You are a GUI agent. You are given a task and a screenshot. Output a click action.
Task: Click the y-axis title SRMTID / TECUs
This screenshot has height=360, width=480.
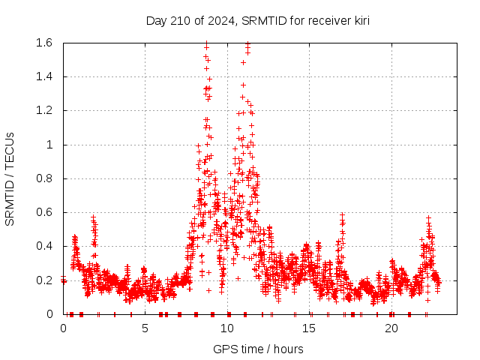pos(10,178)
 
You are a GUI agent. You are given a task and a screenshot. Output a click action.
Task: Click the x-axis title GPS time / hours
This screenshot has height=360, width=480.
pos(258,349)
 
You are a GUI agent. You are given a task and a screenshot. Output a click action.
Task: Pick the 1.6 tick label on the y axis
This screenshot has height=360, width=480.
pos(42,43)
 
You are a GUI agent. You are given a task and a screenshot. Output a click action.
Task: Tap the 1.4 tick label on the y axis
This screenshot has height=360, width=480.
pos(42,76)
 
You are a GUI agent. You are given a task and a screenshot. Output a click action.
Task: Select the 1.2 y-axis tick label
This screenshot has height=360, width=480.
pos(42,110)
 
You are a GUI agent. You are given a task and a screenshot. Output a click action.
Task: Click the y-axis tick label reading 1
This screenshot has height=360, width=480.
pos(49,145)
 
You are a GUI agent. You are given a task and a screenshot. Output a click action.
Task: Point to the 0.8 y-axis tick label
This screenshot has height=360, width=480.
pos(42,178)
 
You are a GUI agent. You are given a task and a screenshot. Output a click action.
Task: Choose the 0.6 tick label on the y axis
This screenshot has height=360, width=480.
pos(42,212)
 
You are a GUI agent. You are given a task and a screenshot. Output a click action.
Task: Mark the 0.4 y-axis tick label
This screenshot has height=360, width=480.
pos(42,246)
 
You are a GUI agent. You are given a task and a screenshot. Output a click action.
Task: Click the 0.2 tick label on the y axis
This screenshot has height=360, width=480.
pos(42,280)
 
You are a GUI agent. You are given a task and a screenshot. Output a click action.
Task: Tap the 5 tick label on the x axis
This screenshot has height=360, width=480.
pos(145,328)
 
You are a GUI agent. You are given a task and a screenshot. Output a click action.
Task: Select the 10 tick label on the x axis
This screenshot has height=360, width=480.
pos(227,328)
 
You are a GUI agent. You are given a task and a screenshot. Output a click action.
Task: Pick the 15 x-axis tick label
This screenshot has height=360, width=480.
pos(309,328)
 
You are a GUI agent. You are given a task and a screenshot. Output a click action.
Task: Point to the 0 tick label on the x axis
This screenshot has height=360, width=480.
pos(63,328)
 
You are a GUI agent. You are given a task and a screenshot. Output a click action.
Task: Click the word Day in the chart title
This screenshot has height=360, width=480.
pos(156,20)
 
